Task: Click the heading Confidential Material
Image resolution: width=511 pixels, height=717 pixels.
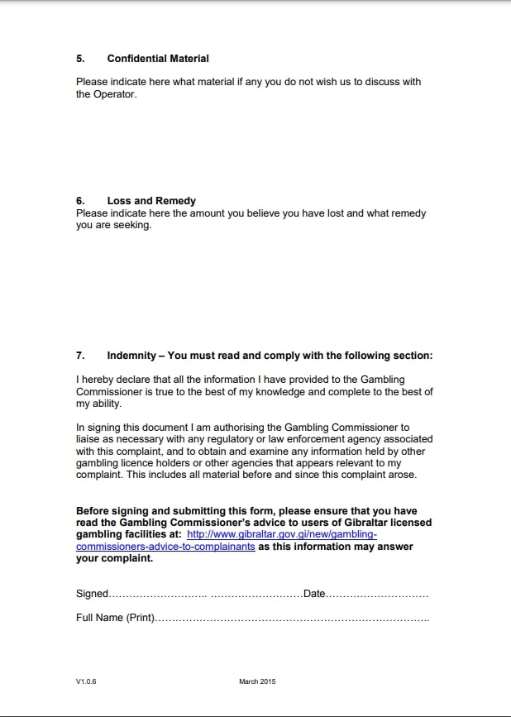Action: pos(157,59)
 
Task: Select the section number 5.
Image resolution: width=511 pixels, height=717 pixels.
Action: pos(80,59)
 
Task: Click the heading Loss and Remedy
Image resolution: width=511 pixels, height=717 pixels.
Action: pos(151,201)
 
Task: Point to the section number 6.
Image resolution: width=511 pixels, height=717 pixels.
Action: pos(80,201)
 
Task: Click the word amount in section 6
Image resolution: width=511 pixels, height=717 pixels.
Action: pos(229,213)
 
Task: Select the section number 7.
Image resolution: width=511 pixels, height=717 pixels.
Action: pos(80,356)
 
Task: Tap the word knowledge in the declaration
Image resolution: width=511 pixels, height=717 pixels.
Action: pos(331,392)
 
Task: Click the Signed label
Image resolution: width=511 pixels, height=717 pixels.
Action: pos(92,594)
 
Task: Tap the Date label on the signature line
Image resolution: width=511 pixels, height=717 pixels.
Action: pos(314,594)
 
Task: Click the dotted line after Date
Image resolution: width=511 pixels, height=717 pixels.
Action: pos(377,595)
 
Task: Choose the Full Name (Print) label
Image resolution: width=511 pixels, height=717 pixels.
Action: pos(115,618)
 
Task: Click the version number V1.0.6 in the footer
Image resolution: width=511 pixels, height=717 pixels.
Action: pos(86,681)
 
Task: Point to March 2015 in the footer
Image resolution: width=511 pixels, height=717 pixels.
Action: pos(257,681)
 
